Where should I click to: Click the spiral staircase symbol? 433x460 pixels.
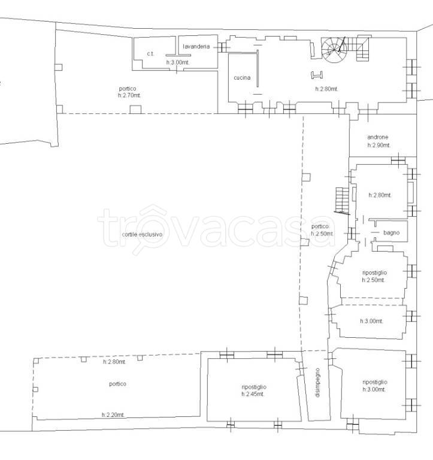(334, 50)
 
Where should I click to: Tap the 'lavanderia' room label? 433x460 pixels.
(196, 46)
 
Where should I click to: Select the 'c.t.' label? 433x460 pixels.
(150, 54)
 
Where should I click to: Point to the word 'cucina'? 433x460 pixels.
(242, 77)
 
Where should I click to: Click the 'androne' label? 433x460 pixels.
(377, 137)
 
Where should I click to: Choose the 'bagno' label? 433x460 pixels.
(391, 232)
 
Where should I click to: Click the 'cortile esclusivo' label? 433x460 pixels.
(142, 234)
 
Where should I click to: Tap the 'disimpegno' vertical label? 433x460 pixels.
(317, 383)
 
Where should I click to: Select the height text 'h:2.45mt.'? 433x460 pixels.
(253, 394)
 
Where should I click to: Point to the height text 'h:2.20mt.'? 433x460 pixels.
(113, 415)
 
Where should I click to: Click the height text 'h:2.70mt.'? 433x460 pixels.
(129, 95)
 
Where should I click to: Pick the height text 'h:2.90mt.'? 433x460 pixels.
(379, 145)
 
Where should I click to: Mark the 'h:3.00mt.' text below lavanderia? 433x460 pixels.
(178, 62)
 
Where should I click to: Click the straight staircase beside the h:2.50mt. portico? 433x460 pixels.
(342, 201)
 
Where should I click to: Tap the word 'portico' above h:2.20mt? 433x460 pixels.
(117, 384)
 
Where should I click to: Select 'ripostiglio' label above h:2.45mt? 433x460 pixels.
(254, 387)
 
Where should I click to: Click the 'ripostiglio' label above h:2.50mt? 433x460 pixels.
(375, 273)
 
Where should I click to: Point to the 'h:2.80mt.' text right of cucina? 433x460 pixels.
(327, 89)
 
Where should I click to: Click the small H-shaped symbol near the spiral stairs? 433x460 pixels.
(317, 75)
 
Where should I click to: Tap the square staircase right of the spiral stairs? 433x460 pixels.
(363, 49)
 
